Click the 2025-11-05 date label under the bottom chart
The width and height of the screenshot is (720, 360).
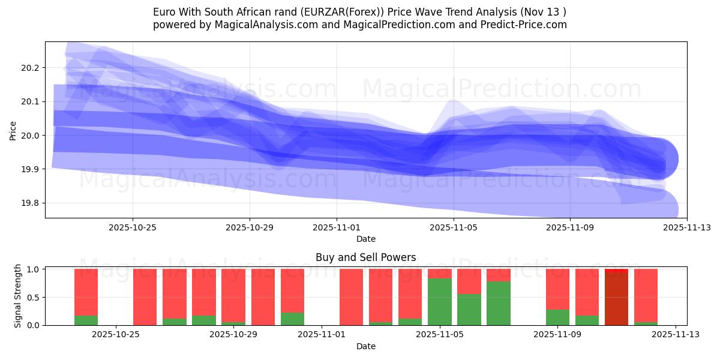pos(440,334)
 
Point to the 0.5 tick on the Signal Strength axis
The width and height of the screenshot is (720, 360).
pos(33,298)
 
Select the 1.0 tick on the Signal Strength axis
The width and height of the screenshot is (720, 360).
pos(33,269)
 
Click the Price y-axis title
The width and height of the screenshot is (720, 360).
pos(13,130)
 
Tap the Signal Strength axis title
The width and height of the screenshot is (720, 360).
pos(18,296)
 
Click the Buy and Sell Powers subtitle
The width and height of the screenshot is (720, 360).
pos(365,257)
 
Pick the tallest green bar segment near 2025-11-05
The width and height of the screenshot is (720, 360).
pos(440,302)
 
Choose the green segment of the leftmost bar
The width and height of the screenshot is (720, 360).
pos(86,320)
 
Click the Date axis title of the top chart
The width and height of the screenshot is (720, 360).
pos(365,239)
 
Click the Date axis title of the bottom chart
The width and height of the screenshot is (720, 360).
pos(365,346)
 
